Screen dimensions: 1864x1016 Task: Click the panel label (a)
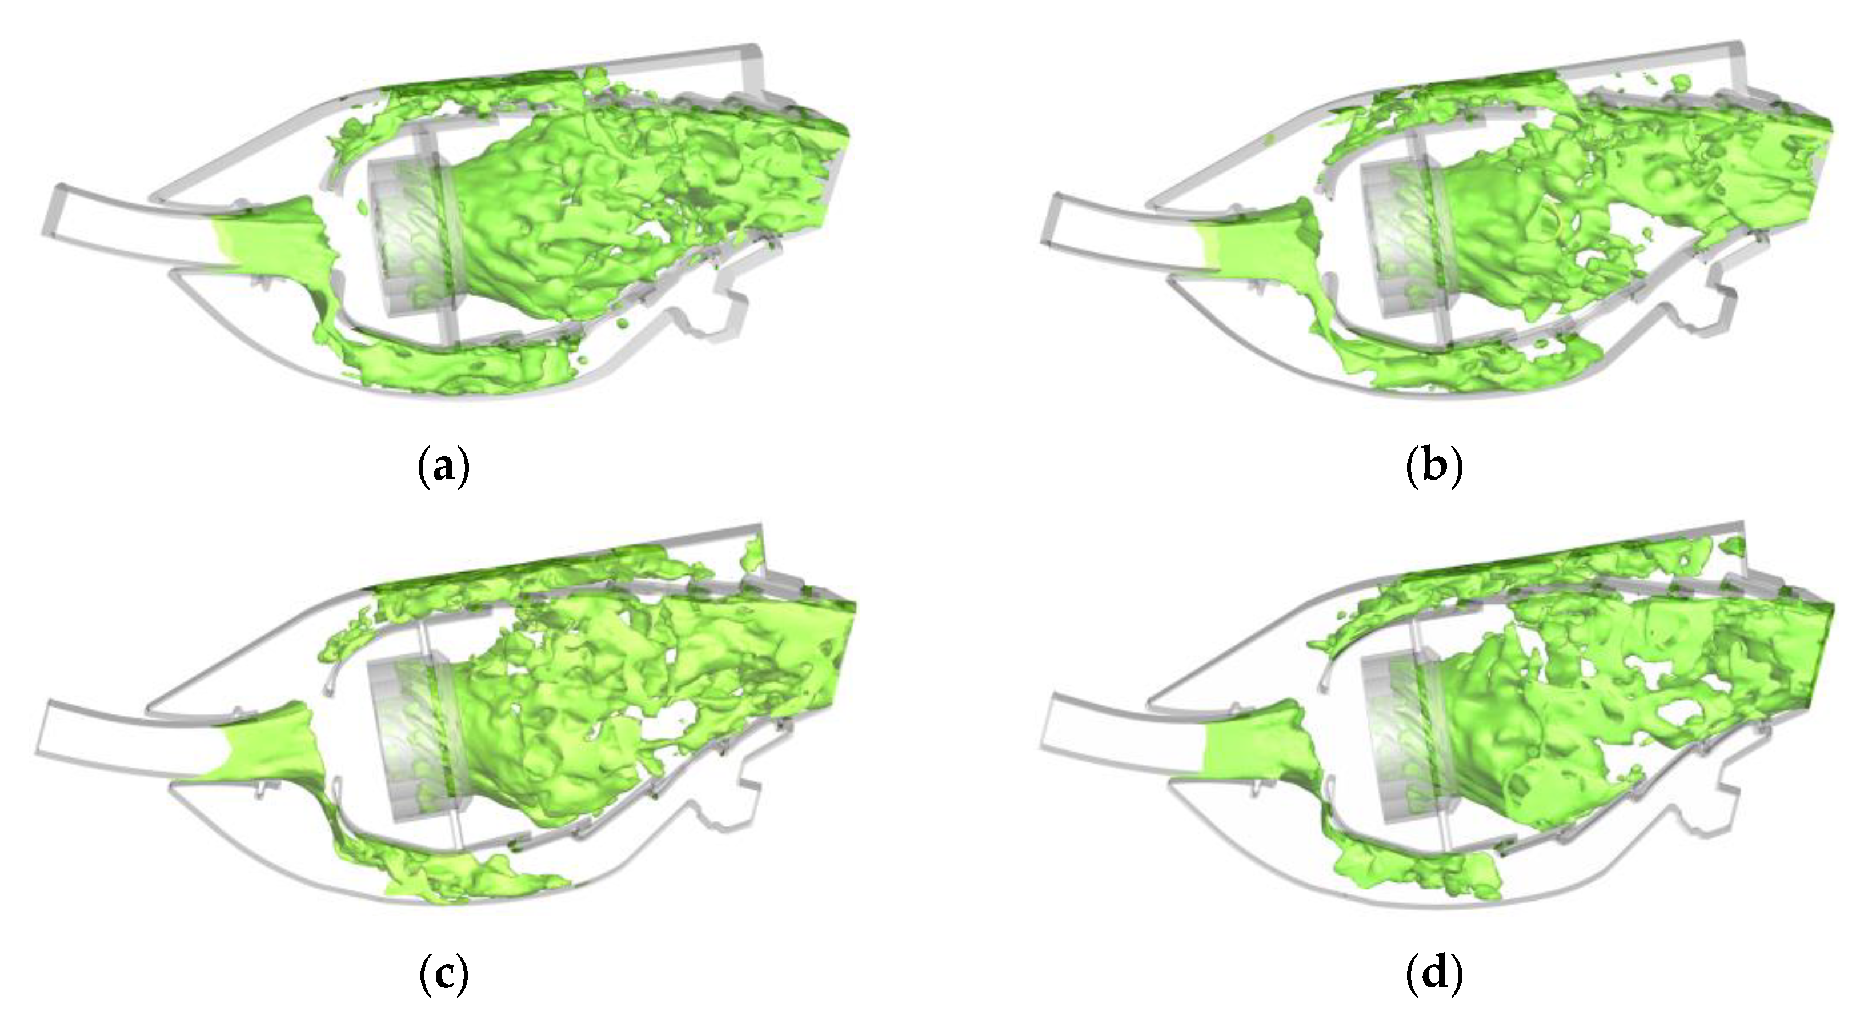[444, 469]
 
